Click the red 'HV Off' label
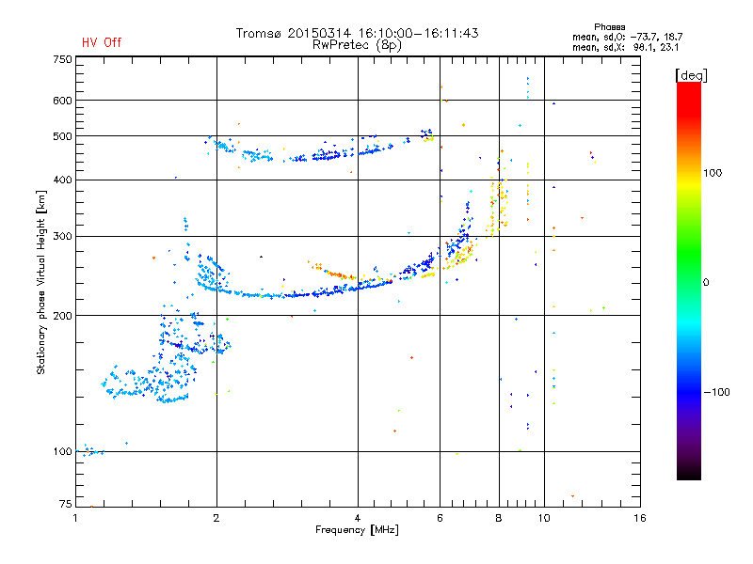click(x=101, y=42)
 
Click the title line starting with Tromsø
click(x=357, y=33)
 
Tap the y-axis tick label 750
click(x=62, y=59)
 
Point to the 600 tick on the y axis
click(x=62, y=101)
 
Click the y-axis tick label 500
click(x=62, y=136)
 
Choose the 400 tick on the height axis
click(x=62, y=180)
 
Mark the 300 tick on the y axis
click(x=62, y=236)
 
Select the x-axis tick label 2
click(x=216, y=518)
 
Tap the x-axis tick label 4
click(x=358, y=518)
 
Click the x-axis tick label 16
click(x=639, y=518)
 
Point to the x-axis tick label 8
click(x=499, y=518)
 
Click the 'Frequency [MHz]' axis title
click(x=357, y=530)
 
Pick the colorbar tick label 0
click(x=706, y=282)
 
